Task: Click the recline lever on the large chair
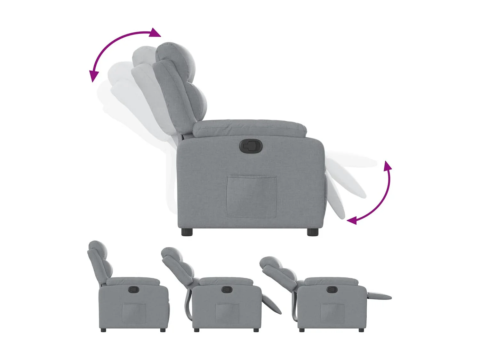[251, 146]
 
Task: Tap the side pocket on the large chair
[251, 196]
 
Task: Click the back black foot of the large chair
[187, 232]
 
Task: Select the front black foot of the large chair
[313, 232]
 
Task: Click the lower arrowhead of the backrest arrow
[93, 76]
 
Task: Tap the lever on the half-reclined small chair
[227, 289]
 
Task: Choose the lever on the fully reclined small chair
[332, 289]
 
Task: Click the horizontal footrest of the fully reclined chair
[379, 296]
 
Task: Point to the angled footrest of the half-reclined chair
[272, 304]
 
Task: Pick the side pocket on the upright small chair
[134, 313]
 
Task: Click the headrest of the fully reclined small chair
[270, 262]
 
